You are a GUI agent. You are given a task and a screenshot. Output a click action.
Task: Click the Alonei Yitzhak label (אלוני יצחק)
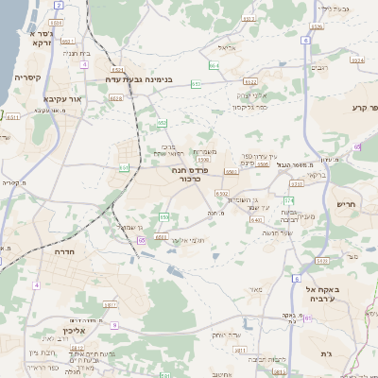point(252,94)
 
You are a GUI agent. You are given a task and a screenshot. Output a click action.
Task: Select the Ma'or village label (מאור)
point(255,288)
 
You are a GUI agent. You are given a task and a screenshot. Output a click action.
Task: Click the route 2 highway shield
point(59,5)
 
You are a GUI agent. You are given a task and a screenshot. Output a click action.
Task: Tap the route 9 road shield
point(113,324)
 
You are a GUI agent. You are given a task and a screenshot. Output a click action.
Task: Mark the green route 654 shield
point(214,65)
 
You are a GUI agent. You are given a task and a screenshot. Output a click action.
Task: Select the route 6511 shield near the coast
point(12,116)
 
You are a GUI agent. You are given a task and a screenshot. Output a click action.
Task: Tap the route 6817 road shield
point(109,305)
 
